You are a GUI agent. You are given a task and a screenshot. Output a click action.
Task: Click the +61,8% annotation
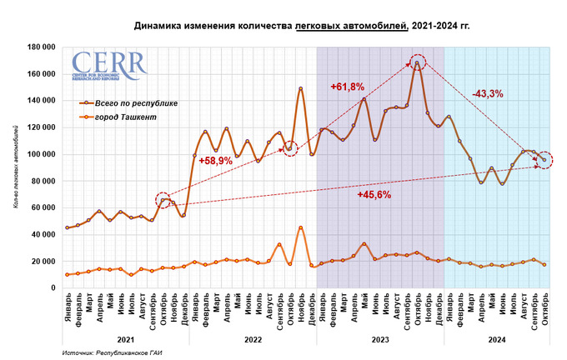(x=347, y=87)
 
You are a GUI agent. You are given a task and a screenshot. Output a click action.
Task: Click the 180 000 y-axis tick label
(x=40, y=47)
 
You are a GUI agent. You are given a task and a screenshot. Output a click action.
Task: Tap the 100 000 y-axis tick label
(x=40, y=154)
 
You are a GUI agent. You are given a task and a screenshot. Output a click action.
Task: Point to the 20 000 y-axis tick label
(x=42, y=261)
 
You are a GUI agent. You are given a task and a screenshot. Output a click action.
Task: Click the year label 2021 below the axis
(x=126, y=340)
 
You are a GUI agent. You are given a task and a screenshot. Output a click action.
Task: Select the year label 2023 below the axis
(x=379, y=340)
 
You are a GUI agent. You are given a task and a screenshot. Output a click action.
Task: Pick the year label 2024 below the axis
(x=494, y=340)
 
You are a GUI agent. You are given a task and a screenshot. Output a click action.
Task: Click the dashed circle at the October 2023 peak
(x=418, y=62)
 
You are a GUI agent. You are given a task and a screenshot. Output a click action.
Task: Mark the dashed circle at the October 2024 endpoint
(x=544, y=159)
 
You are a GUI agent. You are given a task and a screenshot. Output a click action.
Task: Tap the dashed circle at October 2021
(x=163, y=200)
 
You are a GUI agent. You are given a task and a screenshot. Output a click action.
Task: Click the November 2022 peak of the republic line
(x=300, y=89)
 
